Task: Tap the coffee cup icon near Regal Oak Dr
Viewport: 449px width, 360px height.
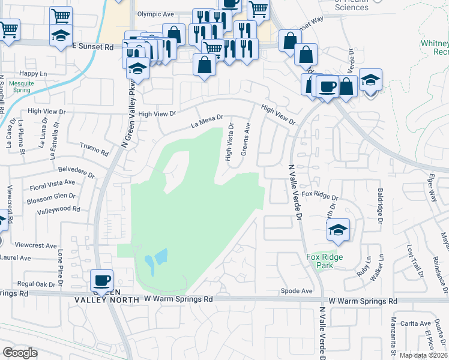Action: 101,279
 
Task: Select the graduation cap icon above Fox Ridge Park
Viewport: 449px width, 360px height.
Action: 338,229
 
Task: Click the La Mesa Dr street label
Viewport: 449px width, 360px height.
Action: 207,122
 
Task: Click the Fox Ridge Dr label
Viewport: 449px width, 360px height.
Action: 320,196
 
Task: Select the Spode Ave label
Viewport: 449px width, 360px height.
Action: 297,291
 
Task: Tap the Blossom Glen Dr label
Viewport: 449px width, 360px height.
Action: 51,199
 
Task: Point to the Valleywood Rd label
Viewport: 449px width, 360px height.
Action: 58,209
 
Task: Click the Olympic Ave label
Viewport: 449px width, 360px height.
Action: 155,14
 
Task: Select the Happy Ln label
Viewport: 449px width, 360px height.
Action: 32,73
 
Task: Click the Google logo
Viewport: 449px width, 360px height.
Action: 19,353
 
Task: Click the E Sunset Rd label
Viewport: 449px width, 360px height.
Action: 93,46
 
